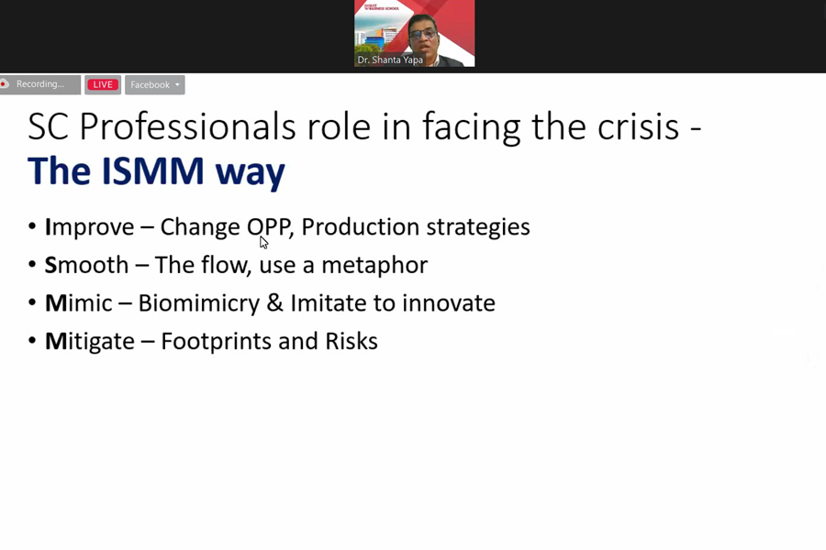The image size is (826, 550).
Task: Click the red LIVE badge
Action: click(103, 84)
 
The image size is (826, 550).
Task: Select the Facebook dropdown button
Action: click(155, 84)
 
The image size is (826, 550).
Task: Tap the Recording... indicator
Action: click(40, 84)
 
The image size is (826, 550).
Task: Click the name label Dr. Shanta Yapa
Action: click(390, 60)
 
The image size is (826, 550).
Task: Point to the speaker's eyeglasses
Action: click(422, 34)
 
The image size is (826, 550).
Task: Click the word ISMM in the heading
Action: click(152, 170)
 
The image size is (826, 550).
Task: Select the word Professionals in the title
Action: click(187, 126)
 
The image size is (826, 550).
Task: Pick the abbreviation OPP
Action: click(269, 226)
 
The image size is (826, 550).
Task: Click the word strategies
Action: click(478, 227)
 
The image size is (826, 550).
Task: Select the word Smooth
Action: click(86, 265)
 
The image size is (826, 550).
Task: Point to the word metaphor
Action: click(374, 265)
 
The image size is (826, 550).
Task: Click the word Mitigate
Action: click(90, 342)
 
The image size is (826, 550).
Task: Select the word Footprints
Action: click(216, 342)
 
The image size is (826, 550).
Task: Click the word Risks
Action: click(352, 341)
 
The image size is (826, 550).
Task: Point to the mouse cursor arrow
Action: click(263, 242)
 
